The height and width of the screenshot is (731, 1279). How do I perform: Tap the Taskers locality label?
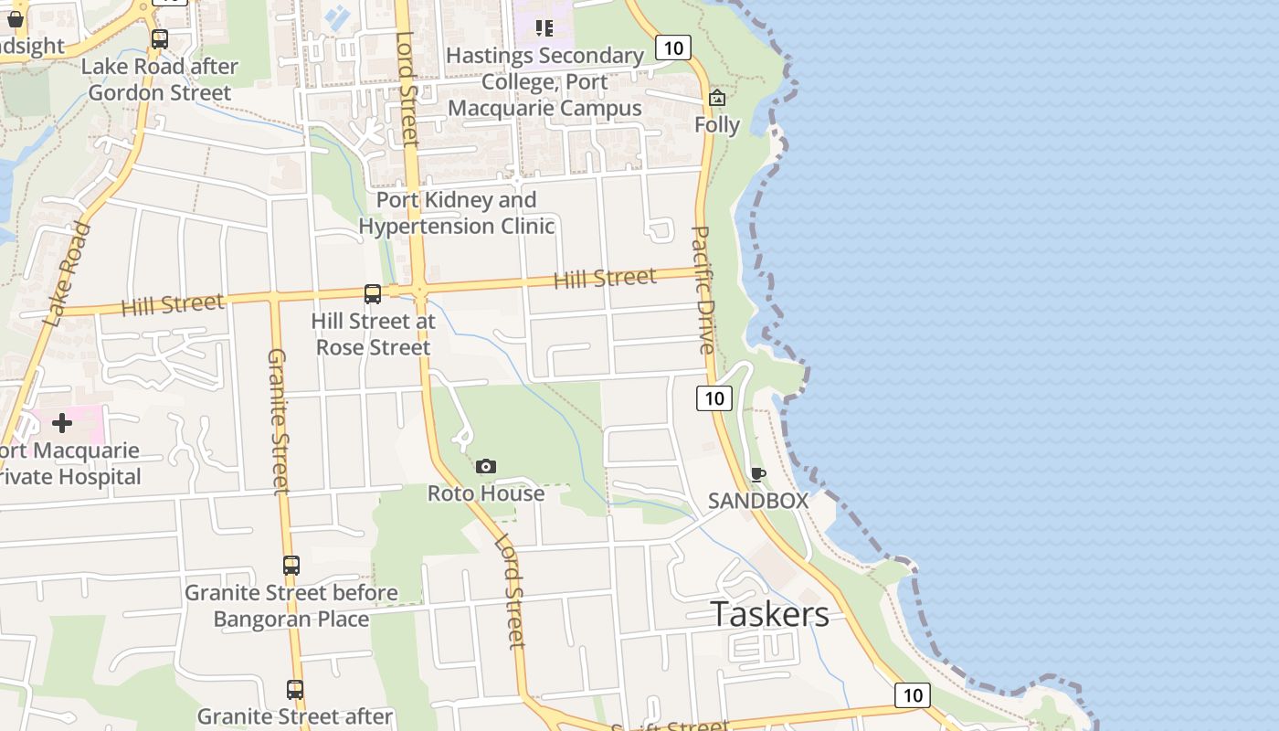tap(769, 614)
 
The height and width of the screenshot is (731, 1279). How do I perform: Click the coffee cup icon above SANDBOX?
tap(757, 474)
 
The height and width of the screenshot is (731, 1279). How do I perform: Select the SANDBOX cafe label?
tap(758, 501)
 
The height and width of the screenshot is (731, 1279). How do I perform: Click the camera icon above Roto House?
tap(486, 467)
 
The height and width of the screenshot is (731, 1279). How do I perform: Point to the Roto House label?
tap(486, 493)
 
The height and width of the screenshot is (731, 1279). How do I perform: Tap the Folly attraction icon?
tap(717, 98)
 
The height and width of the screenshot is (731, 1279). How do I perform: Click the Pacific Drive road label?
tap(703, 290)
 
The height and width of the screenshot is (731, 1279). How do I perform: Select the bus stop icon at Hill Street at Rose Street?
tap(373, 294)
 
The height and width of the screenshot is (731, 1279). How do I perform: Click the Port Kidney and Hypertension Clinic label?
tap(457, 213)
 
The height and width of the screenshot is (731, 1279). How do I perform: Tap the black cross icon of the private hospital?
tap(62, 423)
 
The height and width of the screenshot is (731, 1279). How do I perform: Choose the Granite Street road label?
tap(278, 420)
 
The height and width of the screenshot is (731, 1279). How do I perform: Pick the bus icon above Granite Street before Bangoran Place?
tap(291, 566)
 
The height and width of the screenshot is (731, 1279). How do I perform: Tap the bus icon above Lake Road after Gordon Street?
tap(160, 39)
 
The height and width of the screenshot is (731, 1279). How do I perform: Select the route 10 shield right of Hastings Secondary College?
tap(672, 48)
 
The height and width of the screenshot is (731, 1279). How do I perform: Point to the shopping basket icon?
tap(16, 19)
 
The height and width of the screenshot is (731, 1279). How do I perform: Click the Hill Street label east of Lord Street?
tap(605, 278)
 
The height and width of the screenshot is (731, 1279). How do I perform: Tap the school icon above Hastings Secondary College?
tap(544, 27)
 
